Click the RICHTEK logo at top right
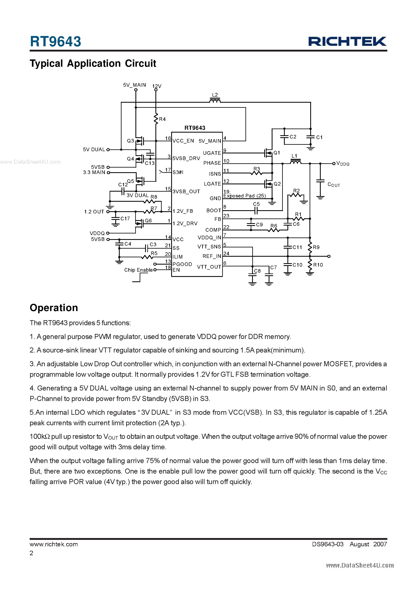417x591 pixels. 347,41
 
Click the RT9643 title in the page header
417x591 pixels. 55,41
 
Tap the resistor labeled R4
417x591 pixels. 156,119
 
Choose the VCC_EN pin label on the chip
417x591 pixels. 183,141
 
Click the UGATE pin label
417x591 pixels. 212,153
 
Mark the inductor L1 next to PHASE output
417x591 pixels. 295,162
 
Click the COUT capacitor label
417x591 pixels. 333,185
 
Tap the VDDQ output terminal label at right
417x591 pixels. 343,164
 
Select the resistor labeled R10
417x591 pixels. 310,265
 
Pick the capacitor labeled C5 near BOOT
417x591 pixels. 256,211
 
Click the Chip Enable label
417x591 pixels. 138,270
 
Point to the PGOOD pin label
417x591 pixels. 182,264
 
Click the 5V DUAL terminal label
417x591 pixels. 94,150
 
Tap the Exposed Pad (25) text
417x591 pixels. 244,196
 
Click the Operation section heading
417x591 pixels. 54,308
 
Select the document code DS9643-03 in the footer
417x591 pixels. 328,544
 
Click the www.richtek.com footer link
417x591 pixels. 54,544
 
